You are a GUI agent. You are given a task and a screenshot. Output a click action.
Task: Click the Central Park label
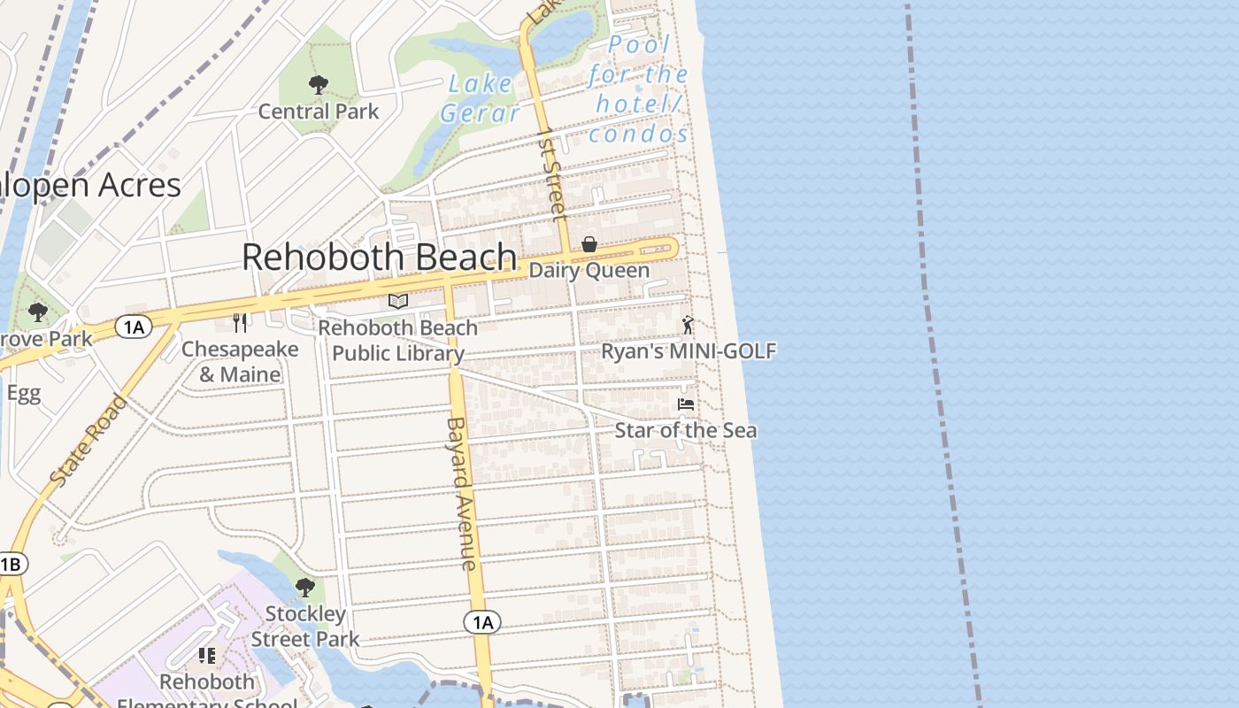pyautogui.click(x=319, y=112)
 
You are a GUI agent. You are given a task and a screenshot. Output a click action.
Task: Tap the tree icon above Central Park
pyautogui.click(x=319, y=85)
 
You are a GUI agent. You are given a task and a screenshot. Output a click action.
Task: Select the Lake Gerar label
pyautogui.click(x=480, y=98)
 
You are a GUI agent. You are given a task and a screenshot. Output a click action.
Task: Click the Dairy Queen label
pyautogui.click(x=589, y=271)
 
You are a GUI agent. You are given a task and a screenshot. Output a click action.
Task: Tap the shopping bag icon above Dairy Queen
pyautogui.click(x=589, y=244)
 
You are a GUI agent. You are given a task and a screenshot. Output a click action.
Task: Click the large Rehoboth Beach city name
pyautogui.click(x=379, y=258)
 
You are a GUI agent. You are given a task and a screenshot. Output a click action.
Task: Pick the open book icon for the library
pyautogui.click(x=398, y=302)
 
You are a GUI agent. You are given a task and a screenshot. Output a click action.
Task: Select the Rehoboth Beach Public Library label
pyautogui.click(x=398, y=341)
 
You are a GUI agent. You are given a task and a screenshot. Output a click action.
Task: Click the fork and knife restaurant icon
pyautogui.click(x=239, y=321)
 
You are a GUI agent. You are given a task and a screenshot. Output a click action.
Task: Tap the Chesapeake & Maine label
pyautogui.click(x=240, y=361)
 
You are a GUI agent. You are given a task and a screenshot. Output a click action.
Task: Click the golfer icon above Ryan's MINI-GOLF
pyautogui.click(x=688, y=325)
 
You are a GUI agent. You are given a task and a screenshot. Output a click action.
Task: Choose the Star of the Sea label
pyautogui.click(x=686, y=431)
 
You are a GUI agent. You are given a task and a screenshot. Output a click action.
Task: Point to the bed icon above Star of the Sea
pyautogui.click(x=685, y=404)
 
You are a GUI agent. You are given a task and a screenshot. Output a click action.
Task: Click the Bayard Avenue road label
pyautogui.click(x=461, y=493)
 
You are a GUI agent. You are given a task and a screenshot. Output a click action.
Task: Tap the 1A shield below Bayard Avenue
pyautogui.click(x=482, y=623)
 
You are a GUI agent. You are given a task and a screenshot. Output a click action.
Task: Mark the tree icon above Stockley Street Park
pyautogui.click(x=305, y=587)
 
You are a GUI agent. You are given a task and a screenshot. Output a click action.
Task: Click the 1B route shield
pyautogui.click(x=11, y=565)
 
